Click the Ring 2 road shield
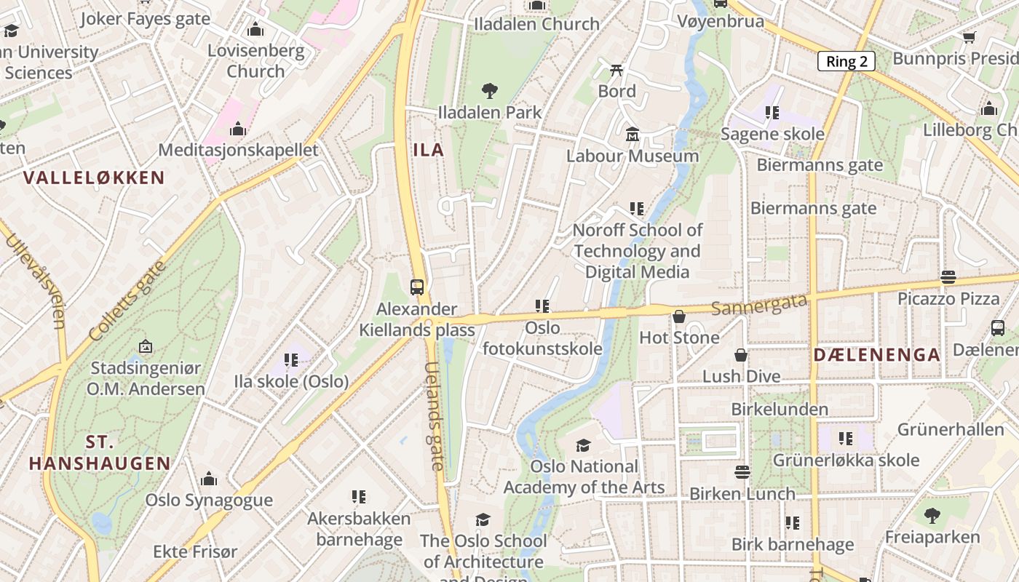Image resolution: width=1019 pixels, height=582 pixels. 846,61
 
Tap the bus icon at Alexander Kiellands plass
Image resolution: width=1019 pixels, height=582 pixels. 417,287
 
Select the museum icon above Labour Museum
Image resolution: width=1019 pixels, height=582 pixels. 632,135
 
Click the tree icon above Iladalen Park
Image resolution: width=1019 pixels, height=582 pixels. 490,91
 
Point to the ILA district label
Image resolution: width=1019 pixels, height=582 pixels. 428,150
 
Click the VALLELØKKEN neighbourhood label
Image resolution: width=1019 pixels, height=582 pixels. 94,178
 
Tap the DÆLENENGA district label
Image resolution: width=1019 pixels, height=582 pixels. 876,355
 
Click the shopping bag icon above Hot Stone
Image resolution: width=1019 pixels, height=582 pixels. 679,316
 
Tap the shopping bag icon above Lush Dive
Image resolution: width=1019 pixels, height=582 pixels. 741,355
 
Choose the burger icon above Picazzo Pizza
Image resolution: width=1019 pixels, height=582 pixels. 948,276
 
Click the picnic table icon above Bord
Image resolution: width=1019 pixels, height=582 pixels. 616,71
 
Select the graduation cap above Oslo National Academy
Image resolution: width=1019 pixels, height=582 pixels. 583,445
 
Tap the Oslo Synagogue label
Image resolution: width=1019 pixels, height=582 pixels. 209,500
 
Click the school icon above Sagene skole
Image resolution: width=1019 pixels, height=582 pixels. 772,113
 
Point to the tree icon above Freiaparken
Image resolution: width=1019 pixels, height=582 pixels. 932,516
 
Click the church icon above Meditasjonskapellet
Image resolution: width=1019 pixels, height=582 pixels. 238,129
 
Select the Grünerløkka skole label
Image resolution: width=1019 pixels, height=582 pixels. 846,460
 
